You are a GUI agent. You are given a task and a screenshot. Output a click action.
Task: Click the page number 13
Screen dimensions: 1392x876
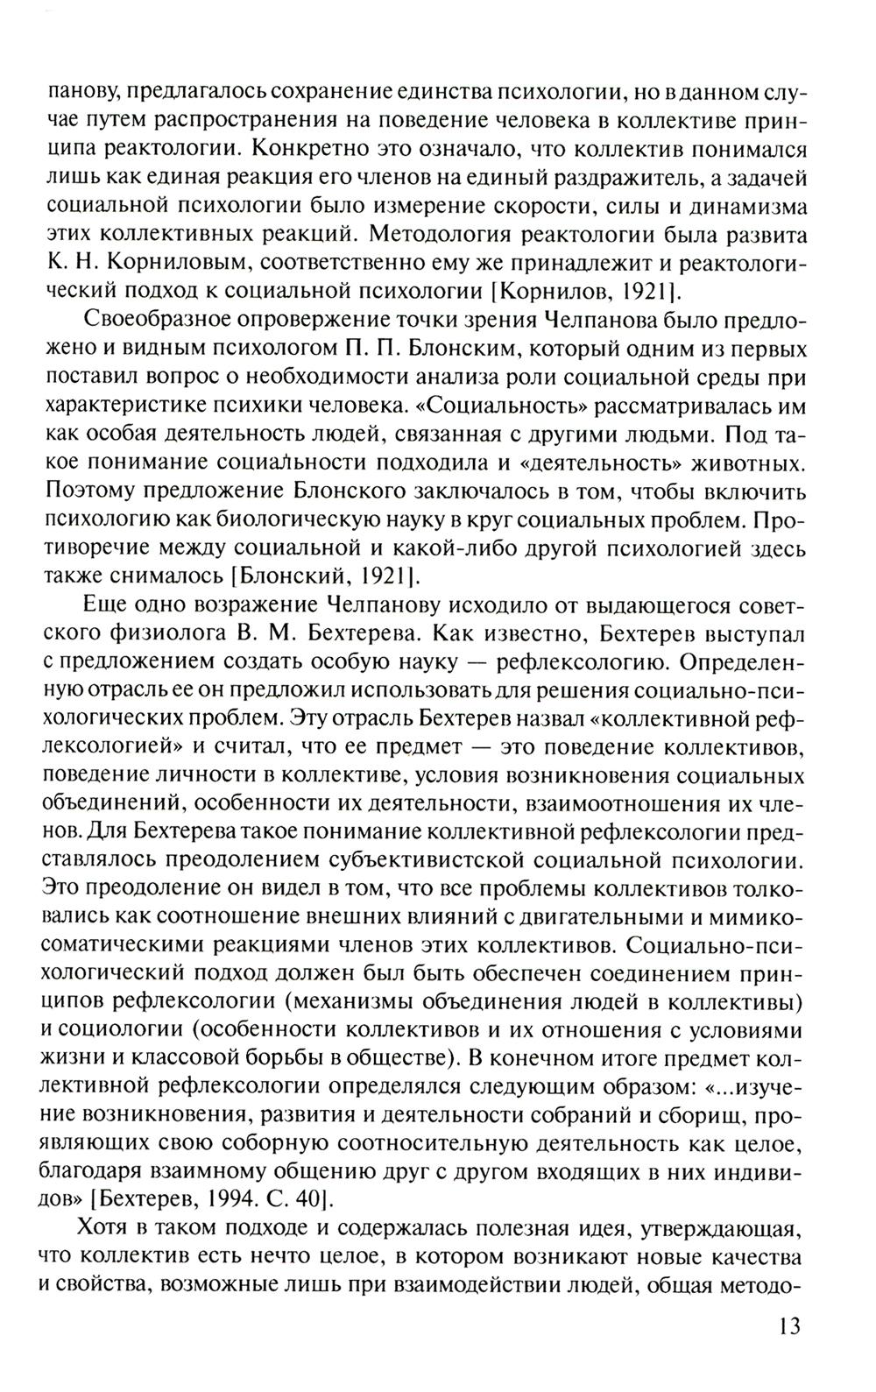[788, 1325]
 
